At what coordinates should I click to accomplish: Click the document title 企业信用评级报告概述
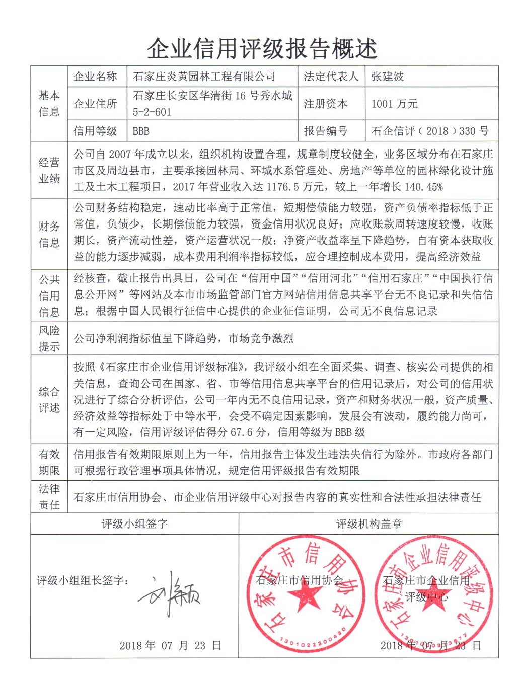click(x=262, y=49)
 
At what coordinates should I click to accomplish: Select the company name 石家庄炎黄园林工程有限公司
click(x=204, y=77)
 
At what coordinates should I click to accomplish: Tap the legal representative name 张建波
click(x=388, y=77)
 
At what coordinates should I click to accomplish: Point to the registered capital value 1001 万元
click(x=395, y=104)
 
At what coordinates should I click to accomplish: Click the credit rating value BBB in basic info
click(x=141, y=131)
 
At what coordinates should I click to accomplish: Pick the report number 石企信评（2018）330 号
click(x=430, y=131)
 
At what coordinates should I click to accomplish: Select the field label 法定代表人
click(x=331, y=77)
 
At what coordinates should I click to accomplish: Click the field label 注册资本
click(x=326, y=104)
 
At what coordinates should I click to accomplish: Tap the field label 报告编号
click(x=326, y=131)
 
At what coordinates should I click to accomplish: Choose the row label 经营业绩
click(x=49, y=170)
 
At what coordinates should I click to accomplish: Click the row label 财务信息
click(x=49, y=235)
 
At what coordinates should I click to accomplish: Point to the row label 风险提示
click(x=49, y=338)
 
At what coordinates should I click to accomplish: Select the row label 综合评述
click(x=49, y=400)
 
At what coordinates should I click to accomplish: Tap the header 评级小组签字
click(x=134, y=524)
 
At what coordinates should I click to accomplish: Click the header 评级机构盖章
click(x=369, y=524)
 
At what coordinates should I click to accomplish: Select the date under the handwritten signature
click(x=170, y=645)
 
